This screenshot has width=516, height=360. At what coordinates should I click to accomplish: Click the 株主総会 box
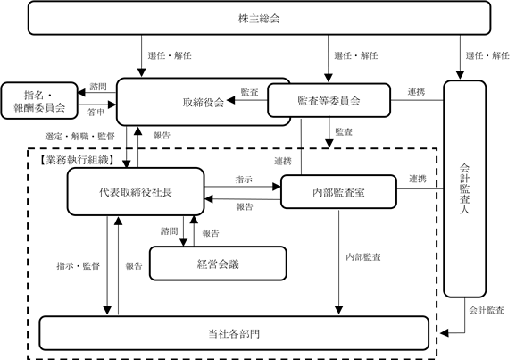pyautogui.click(x=259, y=18)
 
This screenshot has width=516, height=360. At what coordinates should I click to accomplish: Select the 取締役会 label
pyautogui.click(x=204, y=103)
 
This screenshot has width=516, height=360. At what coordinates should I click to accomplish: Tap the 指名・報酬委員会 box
pyautogui.click(x=39, y=101)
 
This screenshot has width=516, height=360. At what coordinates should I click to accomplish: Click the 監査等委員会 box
pyautogui.click(x=329, y=100)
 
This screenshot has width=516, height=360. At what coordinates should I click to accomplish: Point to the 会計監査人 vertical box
pyautogui.click(x=464, y=188)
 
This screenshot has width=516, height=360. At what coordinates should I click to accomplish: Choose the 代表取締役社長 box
pyautogui.click(x=136, y=192)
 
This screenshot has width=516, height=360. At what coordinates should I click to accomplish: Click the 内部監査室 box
pyautogui.click(x=338, y=192)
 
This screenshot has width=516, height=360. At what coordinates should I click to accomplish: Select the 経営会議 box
pyautogui.click(x=218, y=264)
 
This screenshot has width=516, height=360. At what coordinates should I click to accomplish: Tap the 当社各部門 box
pyautogui.click(x=234, y=333)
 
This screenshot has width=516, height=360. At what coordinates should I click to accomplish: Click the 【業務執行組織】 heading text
pyautogui.click(x=77, y=160)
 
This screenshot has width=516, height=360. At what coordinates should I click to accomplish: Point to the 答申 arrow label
pyautogui.click(x=96, y=113)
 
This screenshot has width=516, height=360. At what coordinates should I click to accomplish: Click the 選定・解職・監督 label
pyautogui.click(x=80, y=136)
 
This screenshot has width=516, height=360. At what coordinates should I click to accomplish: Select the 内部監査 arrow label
pyautogui.click(x=363, y=257)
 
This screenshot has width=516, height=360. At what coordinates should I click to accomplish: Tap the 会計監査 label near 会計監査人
pyautogui.click(x=487, y=310)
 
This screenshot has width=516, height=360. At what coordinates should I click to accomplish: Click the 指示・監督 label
pyautogui.click(x=78, y=266)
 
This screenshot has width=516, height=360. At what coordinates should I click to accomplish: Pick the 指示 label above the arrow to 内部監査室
pyautogui.click(x=244, y=180)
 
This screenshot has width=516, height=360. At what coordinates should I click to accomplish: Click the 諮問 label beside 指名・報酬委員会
pyautogui.click(x=98, y=87)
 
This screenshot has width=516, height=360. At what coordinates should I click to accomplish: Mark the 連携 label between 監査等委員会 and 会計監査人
pyautogui.click(x=416, y=92)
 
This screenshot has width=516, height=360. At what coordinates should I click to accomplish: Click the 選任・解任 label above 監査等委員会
pyautogui.click(x=356, y=55)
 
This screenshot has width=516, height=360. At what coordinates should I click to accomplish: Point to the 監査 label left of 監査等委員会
pyautogui.click(x=249, y=92)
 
